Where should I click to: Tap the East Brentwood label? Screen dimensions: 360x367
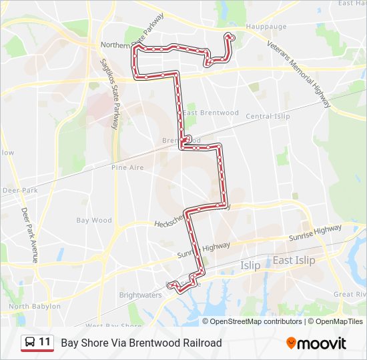[211, 113]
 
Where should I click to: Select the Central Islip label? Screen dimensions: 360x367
[268, 117]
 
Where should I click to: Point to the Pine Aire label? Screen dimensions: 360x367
[127, 167]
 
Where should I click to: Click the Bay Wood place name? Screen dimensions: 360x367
[94, 220]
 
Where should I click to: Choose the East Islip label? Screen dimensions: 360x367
[294, 260]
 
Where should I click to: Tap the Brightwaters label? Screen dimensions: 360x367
[140, 295]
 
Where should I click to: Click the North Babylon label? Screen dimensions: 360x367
[35, 307]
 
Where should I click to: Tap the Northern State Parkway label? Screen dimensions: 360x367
[132, 41]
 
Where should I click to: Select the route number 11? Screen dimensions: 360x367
[45, 342]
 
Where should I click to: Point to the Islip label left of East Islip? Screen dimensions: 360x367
[250, 265]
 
